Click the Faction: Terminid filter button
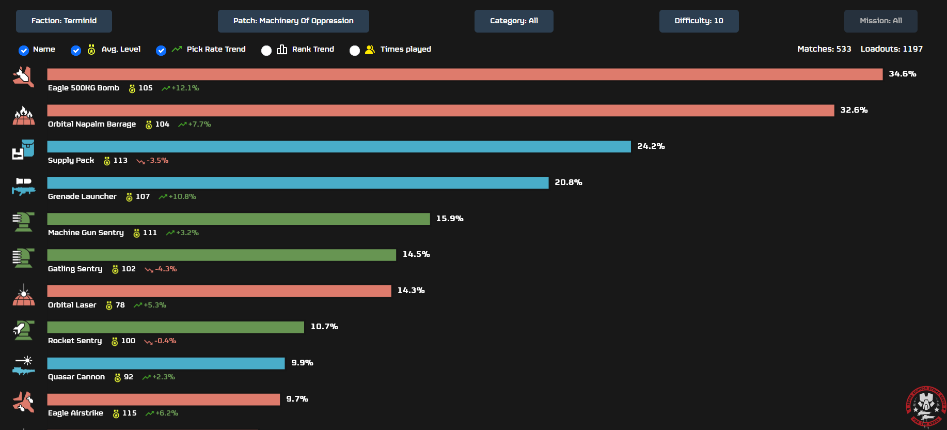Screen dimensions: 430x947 point(64,21)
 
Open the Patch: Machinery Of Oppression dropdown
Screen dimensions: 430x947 point(293,21)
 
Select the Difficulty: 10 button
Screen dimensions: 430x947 point(699,21)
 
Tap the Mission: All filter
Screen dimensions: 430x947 point(880,21)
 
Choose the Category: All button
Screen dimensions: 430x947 point(514,21)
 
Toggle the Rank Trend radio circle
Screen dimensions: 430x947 point(266,50)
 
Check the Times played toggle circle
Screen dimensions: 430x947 point(355,50)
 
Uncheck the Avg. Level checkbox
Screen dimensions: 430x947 point(76,50)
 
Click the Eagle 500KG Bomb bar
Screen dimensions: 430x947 point(465,74)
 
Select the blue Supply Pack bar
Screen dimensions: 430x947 point(339,147)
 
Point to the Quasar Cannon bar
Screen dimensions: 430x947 point(166,363)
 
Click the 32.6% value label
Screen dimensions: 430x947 point(854,110)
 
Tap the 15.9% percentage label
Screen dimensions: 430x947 point(449,219)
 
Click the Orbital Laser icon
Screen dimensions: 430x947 point(24,295)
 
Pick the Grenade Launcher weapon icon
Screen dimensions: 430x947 point(24,187)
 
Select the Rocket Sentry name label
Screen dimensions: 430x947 point(75,341)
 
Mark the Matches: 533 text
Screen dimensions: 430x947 point(824,49)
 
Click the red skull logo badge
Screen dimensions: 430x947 point(926,406)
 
